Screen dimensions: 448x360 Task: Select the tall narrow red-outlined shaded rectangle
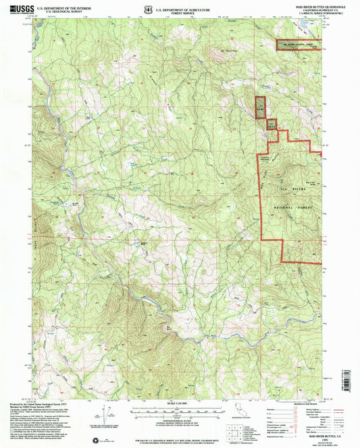[x=260, y=107]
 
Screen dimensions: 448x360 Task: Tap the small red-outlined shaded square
[x=271, y=124]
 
